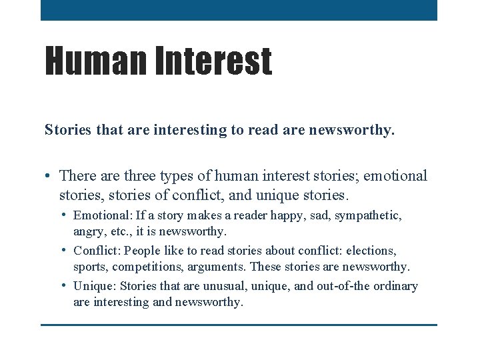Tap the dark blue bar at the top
pyautogui.click(x=239, y=10)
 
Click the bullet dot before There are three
pyautogui.click(x=49, y=177)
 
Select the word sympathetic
pyautogui.click(x=370, y=216)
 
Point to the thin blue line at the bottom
pyautogui.click(x=239, y=325)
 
